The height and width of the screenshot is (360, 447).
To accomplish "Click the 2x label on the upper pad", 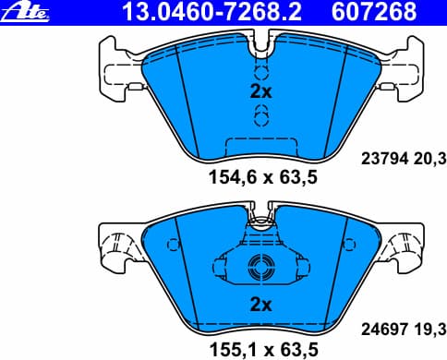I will pyautogui.click(x=260, y=91).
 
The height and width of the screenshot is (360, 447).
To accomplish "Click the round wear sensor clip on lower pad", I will pyautogui.click(x=260, y=269).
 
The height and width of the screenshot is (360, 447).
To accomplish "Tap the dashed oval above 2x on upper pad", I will pyautogui.click(x=261, y=71).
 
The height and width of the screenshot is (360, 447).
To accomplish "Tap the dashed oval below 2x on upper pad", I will pyautogui.click(x=261, y=114).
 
